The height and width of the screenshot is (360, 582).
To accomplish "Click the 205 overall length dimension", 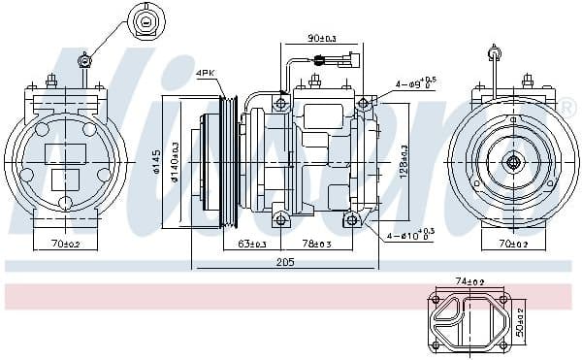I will (284, 263).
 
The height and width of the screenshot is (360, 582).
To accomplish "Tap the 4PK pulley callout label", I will (205, 73).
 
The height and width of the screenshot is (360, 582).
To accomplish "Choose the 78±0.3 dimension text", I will (315, 243).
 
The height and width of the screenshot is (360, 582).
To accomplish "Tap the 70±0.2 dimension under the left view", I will (66, 245).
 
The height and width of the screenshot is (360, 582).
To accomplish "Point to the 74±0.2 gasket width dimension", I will (469, 281).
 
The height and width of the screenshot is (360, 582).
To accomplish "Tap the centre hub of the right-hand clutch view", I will (511, 161).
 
